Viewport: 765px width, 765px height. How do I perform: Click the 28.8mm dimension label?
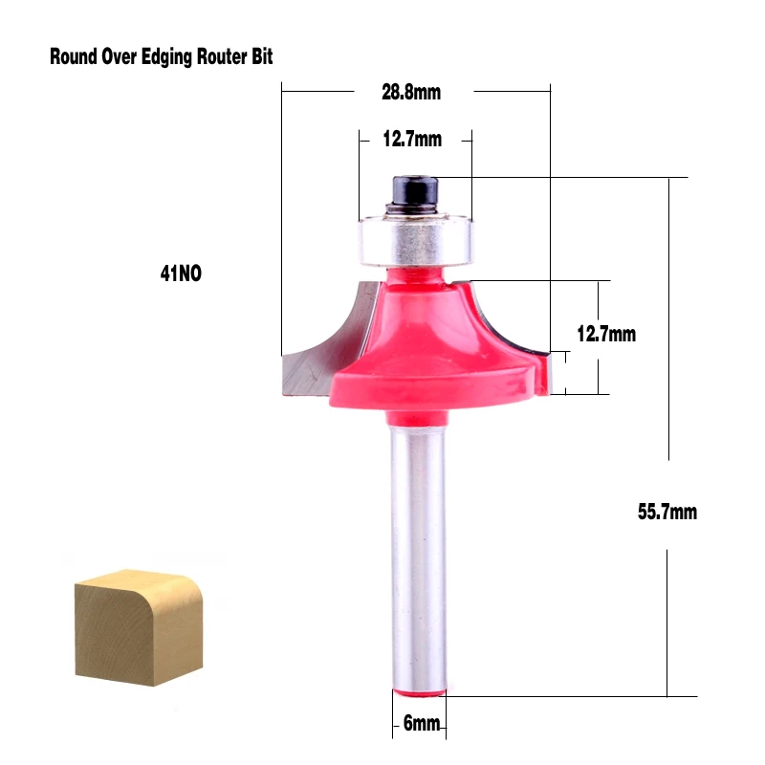click(411, 92)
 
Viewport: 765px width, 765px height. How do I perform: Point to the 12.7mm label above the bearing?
click(412, 139)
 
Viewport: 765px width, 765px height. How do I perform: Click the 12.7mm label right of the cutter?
click(606, 334)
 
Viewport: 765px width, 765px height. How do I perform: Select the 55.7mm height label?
click(667, 512)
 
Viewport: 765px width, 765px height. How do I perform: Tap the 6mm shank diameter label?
click(422, 723)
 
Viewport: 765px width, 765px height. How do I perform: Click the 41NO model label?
click(181, 273)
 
